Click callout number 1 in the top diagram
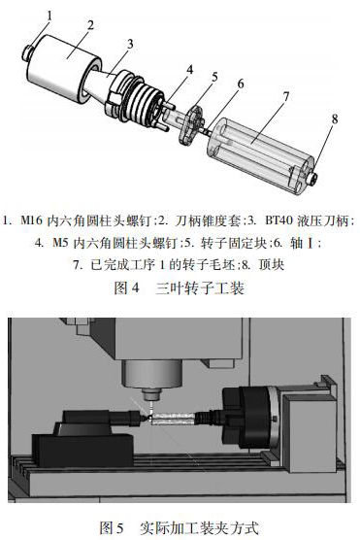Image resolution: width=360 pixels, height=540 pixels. coord(49,17)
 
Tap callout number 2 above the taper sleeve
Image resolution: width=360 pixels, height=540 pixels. coord(90,25)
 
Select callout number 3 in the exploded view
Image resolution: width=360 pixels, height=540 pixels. coord(130,44)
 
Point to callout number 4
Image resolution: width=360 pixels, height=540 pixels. coord(189,70)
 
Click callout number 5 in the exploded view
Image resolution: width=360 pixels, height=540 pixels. coord(214,77)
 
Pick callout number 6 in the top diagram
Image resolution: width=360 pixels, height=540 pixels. coord(241,84)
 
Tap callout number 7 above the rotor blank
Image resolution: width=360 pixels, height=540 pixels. coord(286,97)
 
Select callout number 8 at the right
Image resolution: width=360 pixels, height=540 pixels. coord(335,119)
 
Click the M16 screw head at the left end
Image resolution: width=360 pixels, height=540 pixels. coord(27,52)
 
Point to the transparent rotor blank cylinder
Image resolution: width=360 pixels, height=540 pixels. coord(260,156)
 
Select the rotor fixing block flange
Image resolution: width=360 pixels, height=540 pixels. coord(191,125)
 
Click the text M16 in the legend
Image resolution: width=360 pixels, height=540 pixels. coord(32,220)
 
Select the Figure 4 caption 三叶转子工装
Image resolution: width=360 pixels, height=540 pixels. coord(200,287)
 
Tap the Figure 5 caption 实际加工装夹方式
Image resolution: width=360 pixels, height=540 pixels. coord(199,528)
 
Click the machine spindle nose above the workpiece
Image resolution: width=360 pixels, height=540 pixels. coord(151,394)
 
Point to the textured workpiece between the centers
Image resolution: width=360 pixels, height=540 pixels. coord(173,418)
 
